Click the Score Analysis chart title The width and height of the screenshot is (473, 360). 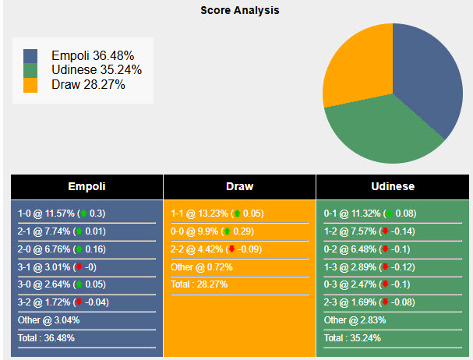[x=239, y=11]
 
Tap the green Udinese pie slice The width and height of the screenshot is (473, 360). [x=378, y=136]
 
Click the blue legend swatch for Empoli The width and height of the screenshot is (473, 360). [x=30, y=56]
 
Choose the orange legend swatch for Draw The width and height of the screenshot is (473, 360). [x=30, y=84]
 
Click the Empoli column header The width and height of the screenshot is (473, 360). [x=86, y=187]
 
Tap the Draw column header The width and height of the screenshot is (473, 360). [x=239, y=187]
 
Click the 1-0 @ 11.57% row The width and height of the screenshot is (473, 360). [x=61, y=214]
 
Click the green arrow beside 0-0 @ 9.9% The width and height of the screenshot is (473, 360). [x=227, y=231]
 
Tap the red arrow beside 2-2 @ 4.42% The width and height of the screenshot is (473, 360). [x=231, y=249]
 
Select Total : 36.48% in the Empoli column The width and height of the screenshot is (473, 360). [x=46, y=338]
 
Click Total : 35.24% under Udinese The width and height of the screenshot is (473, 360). [x=354, y=338]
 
